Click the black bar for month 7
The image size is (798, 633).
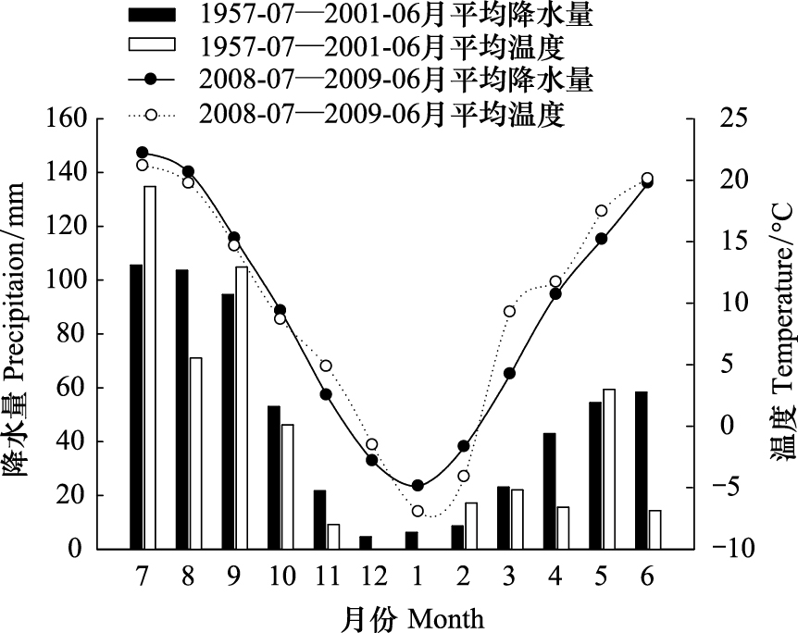click(136, 407)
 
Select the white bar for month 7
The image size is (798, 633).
click(150, 367)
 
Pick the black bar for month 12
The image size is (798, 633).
click(366, 543)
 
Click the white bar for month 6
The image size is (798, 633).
click(655, 529)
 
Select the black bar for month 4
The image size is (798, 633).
click(550, 491)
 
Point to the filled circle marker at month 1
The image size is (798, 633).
click(418, 486)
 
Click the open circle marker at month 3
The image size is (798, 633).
click(509, 312)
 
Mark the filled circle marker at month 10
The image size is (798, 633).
click(280, 310)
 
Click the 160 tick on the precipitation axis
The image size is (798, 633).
click(65, 118)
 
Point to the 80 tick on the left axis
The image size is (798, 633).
click(71, 334)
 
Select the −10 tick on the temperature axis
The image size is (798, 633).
click(734, 549)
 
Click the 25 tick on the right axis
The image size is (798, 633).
click(731, 118)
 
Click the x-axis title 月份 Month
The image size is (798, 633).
click(412, 618)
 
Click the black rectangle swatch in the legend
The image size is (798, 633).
click(152, 15)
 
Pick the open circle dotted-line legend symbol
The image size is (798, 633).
click(151, 116)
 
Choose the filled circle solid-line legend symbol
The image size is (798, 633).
click(151, 80)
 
